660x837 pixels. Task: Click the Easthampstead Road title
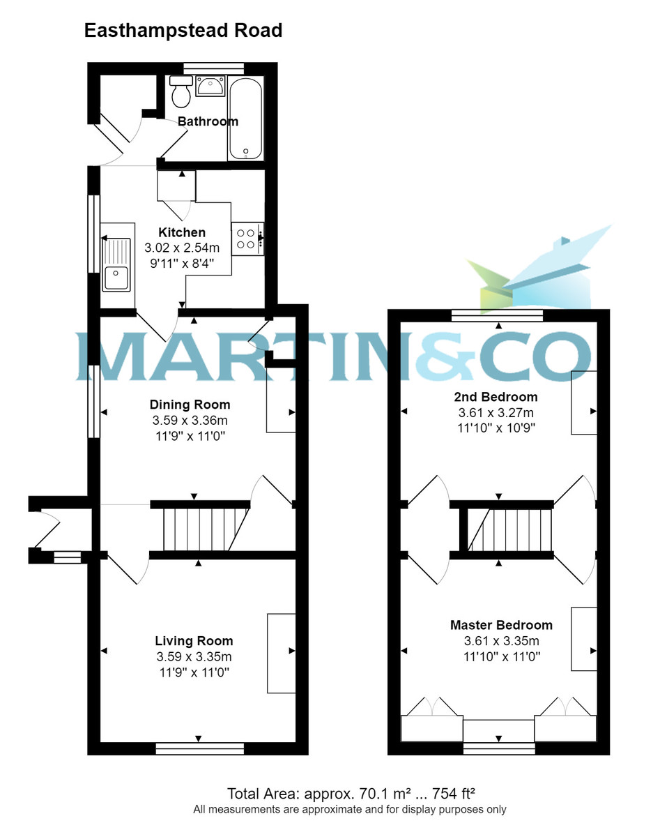click(x=183, y=31)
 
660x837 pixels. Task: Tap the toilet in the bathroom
click(x=182, y=91)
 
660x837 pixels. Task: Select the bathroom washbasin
click(x=209, y=87)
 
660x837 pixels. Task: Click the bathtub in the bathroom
click(x=245, y=119)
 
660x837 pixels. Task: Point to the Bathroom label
click(x=208, y=121)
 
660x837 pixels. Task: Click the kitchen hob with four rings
click(x=246, y=239)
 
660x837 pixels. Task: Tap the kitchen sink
click(x=116, y=265)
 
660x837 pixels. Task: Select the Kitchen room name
click(x=182, y=232)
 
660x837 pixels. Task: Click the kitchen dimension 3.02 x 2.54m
click(x=182, y=248)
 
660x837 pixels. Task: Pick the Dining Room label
click(x=190, y=405)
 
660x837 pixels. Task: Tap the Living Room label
click(x=194, y=641)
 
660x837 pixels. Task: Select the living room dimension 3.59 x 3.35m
click(x=194, y=657)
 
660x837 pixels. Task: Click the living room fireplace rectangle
click(x=282, y=653)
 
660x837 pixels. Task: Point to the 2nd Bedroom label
click(x=496, y=397)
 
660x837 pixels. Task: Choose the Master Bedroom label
click(x=500, y=625)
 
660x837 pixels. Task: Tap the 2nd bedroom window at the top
click(x=497, y=316)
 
